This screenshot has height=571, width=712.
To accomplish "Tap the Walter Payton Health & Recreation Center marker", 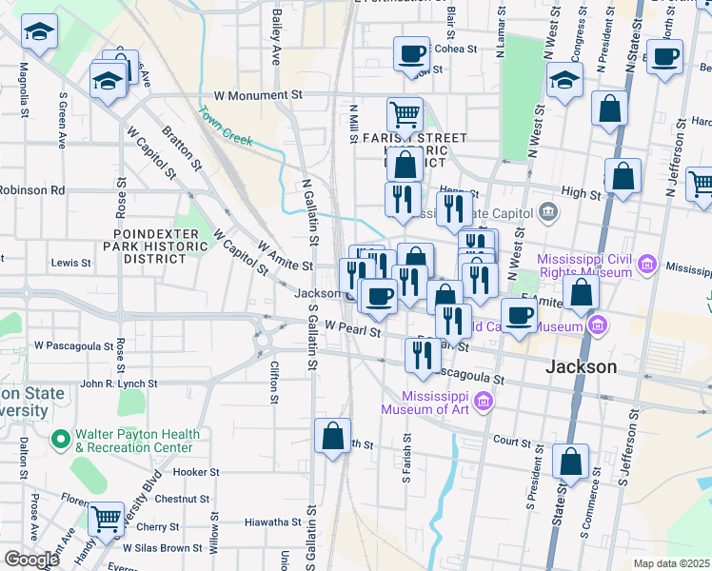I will pos(61,440).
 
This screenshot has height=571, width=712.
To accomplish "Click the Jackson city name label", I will pos(581,366).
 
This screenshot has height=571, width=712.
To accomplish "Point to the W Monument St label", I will pos(257,96).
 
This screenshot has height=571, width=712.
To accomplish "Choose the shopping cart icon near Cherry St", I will pos(106,518).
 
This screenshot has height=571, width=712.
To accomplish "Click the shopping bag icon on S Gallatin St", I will pos(332,437).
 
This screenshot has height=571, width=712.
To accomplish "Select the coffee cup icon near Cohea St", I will pos(412,54).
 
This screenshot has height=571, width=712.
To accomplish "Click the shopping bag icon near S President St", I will pos(570,462).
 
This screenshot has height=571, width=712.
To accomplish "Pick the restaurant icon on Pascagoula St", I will pos(422,355).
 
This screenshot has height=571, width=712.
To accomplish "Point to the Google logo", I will pos(31,560).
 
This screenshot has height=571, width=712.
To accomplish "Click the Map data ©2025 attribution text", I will pos(671,563).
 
